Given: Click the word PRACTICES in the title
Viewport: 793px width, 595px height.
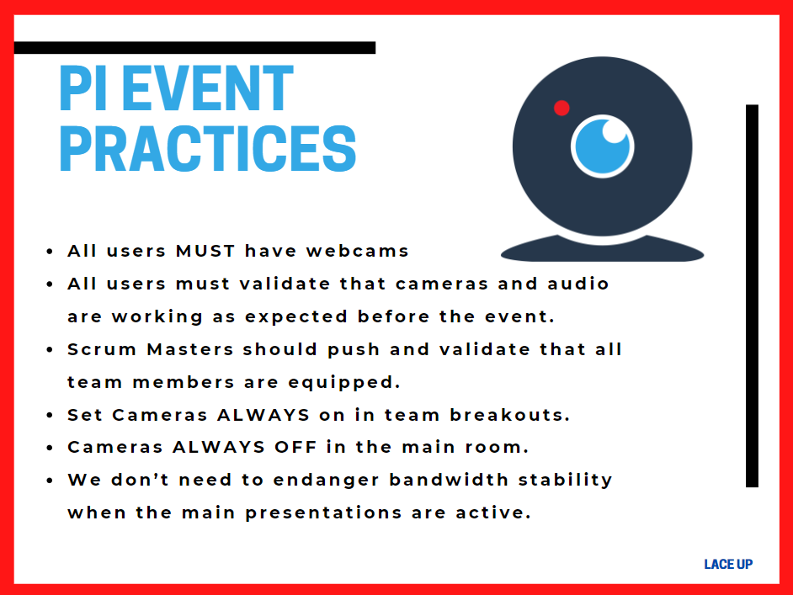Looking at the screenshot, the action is (208, 149).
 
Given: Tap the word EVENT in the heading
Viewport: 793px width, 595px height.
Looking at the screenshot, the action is (207, 88).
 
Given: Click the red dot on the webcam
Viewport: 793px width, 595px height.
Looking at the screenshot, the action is (561, 108).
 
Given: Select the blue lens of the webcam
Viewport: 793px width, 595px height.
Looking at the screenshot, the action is (603, 146).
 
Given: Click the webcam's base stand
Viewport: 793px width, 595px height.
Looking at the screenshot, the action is (602, 249).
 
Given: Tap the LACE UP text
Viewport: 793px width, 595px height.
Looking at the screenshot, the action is (728, 564).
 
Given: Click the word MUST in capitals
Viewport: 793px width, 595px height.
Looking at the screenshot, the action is (205, 251).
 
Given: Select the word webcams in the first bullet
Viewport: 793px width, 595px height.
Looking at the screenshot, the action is (357, 251).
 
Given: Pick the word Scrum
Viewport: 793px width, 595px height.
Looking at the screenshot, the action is (102, 349).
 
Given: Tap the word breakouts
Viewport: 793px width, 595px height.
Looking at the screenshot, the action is (510, 415).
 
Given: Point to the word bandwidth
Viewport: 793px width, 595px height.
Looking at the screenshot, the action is (449, 480).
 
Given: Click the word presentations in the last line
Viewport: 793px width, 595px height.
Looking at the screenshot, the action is (323, 513).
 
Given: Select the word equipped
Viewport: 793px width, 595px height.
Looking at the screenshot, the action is (344, 383).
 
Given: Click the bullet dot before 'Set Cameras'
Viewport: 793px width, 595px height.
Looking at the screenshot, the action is (49, 416).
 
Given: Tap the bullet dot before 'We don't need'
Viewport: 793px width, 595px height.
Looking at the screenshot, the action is (49, 481).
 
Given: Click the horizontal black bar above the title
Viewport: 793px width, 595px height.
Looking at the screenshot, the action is (194, 47).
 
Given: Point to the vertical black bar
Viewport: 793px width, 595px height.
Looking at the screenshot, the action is (752, 295).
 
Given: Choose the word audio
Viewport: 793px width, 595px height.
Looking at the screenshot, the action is (578, 284).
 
